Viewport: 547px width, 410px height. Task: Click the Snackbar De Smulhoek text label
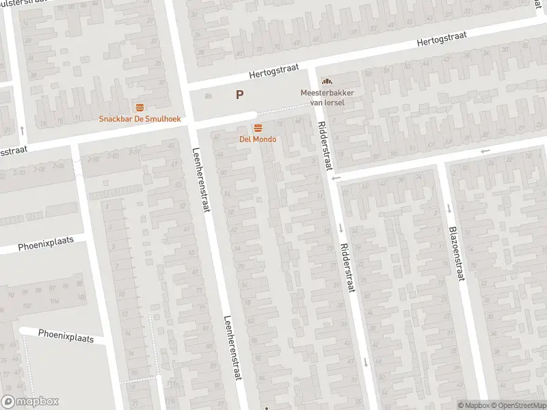pyautogui.click(x=140, y=118)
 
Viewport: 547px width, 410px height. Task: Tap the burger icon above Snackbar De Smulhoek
pyautogui.click(x=140, y=107)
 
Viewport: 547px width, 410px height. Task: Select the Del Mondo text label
pyautogui.click(x=258, y=139)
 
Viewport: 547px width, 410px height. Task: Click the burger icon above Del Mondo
pyautogui.click(x=258, y=128)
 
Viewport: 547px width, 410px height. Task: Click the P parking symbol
pyautogui.click(x=239, y=96)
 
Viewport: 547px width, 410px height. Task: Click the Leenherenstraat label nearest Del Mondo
pyautogui.click(x=200, y=180)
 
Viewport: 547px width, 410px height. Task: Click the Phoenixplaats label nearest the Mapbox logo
pyautogui.click(x=66, y=336)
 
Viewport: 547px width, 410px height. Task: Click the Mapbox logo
pyautogui.click(x=30, y=402)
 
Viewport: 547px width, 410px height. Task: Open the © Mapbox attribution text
pyautogui.click(x=472, y=405)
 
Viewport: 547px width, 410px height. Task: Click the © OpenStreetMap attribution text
pyautogui.click(x=518, y=405)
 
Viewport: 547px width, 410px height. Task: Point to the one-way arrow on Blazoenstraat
pyautogui.click(x=449, y=208)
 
